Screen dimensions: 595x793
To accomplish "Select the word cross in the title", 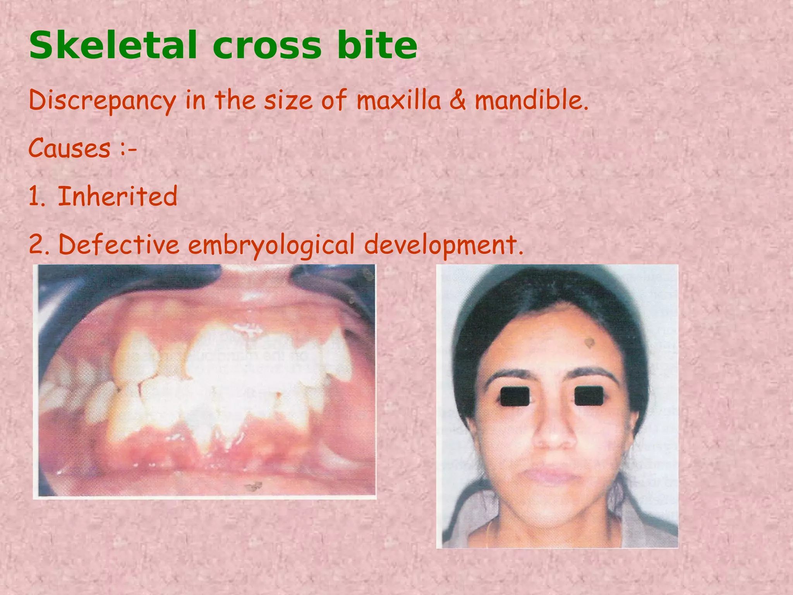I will tap(267, 47).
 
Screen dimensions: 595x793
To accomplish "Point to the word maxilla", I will tap(398, 100).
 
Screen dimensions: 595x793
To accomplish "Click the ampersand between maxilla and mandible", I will tap(458, 100).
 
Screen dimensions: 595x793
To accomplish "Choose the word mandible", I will tap(531, 100).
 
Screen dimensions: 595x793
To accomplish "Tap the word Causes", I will tap(70, 148).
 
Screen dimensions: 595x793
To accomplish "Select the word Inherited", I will tap(118, 196).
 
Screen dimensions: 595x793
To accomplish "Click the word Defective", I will tap(119, 245).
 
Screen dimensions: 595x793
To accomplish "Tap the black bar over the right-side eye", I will tap(589, 396).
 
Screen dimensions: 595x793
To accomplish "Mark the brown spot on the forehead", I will tap(590, 342).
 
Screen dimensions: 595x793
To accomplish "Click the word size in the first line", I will tap(288, 100).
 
